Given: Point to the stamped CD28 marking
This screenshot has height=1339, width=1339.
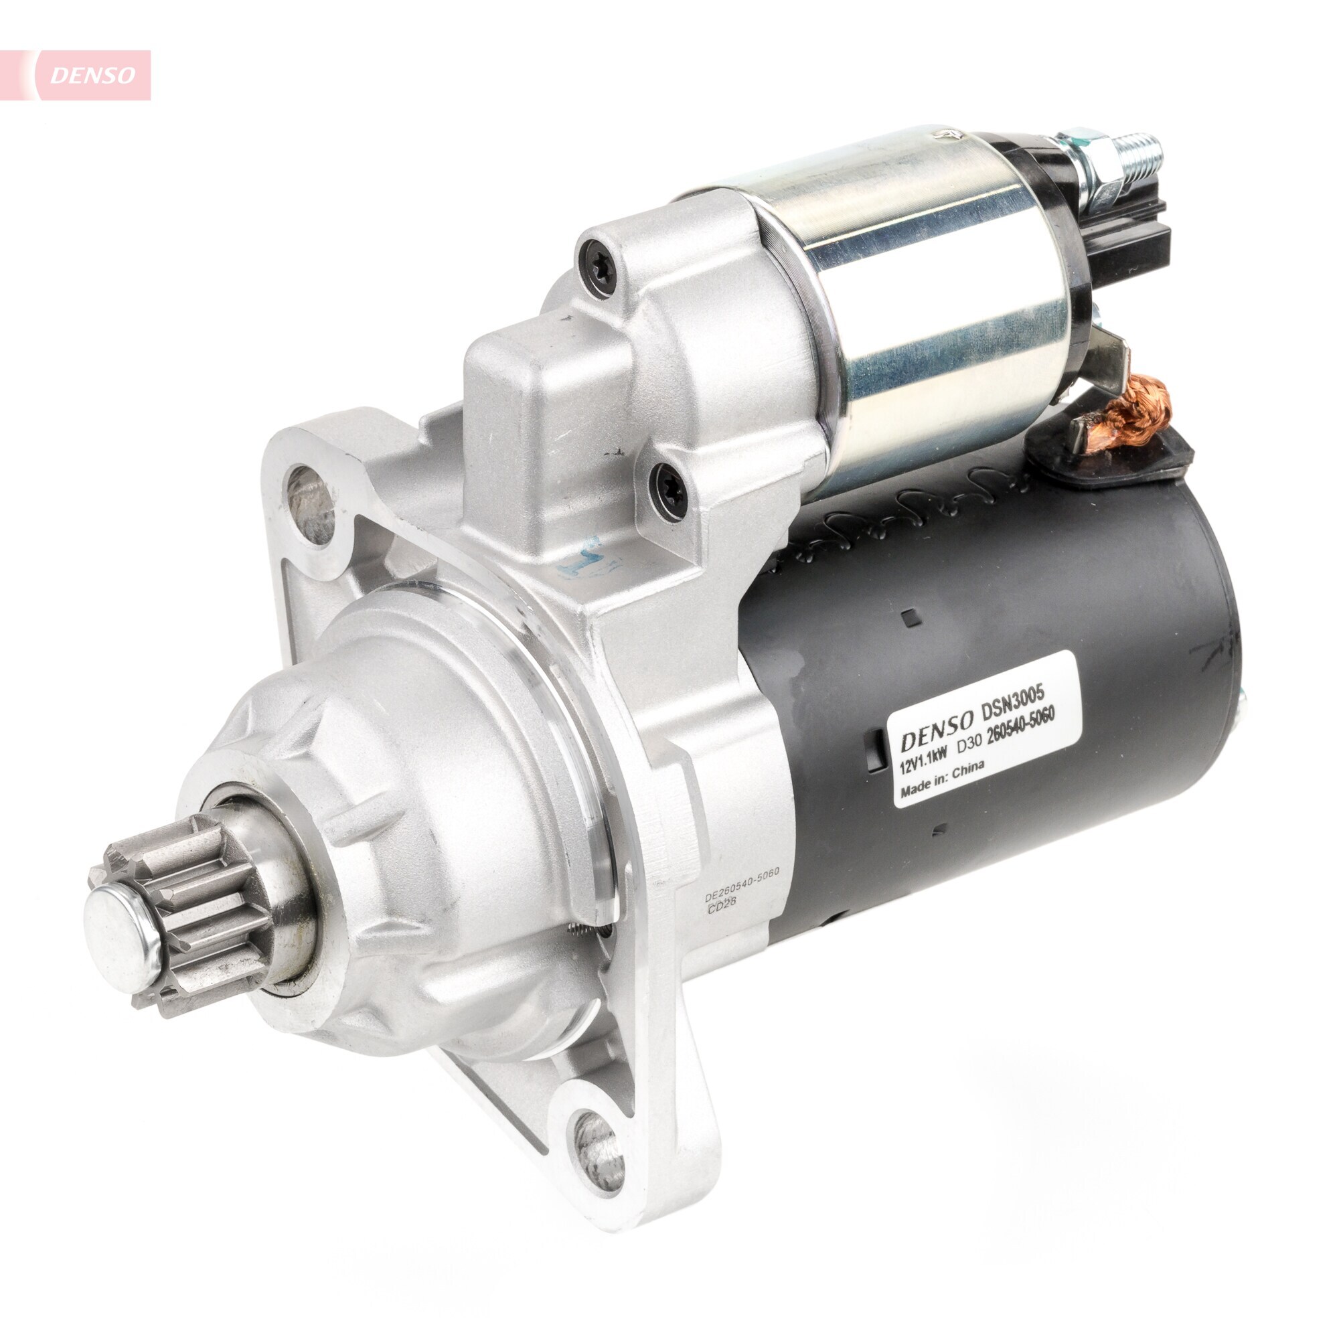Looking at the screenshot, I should click(x=722, y=909).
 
